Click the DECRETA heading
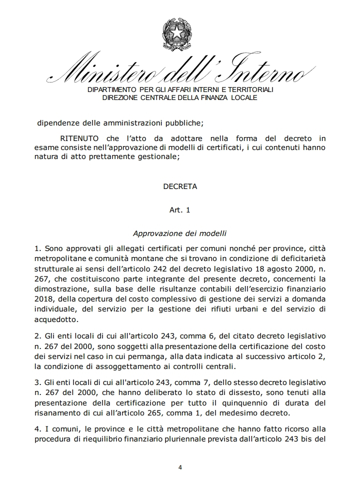coord(180,186)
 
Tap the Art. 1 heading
coord(180,210)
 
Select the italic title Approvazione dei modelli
coord(180,233)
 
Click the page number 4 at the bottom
coord(180,467)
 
